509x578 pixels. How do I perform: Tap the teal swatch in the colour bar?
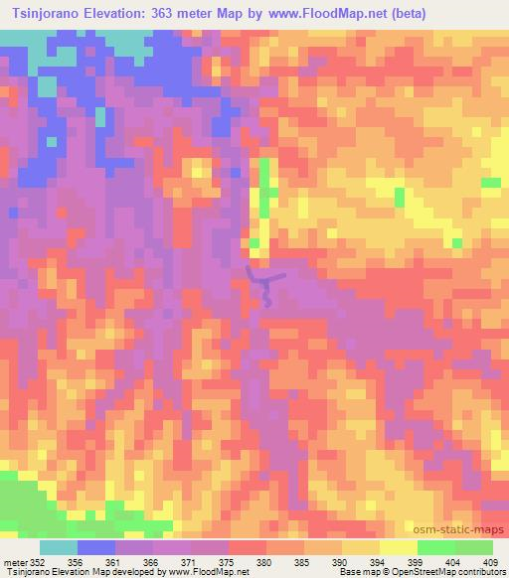coord(59,547)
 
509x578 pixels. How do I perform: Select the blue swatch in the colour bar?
coord(96,547)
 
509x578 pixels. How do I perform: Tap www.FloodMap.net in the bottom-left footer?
coord(209,572)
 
